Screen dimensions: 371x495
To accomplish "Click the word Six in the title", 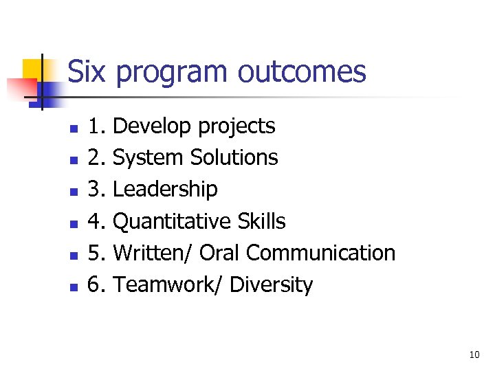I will click(x=86, y=71).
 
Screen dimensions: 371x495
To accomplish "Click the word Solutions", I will click(x=234, y=157).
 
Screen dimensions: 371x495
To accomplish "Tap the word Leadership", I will click(x=165, y=190).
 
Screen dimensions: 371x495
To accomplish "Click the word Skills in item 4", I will click(x=261, y=221).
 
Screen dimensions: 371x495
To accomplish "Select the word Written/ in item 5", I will click(x=153, y=253).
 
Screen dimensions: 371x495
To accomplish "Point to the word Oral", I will click(x=220, y=253).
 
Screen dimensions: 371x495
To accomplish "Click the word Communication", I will click(x=320, y=253).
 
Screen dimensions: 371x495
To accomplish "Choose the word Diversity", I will click(x=271, y=284).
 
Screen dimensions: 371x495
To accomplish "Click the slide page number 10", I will click(x=474, y=355).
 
